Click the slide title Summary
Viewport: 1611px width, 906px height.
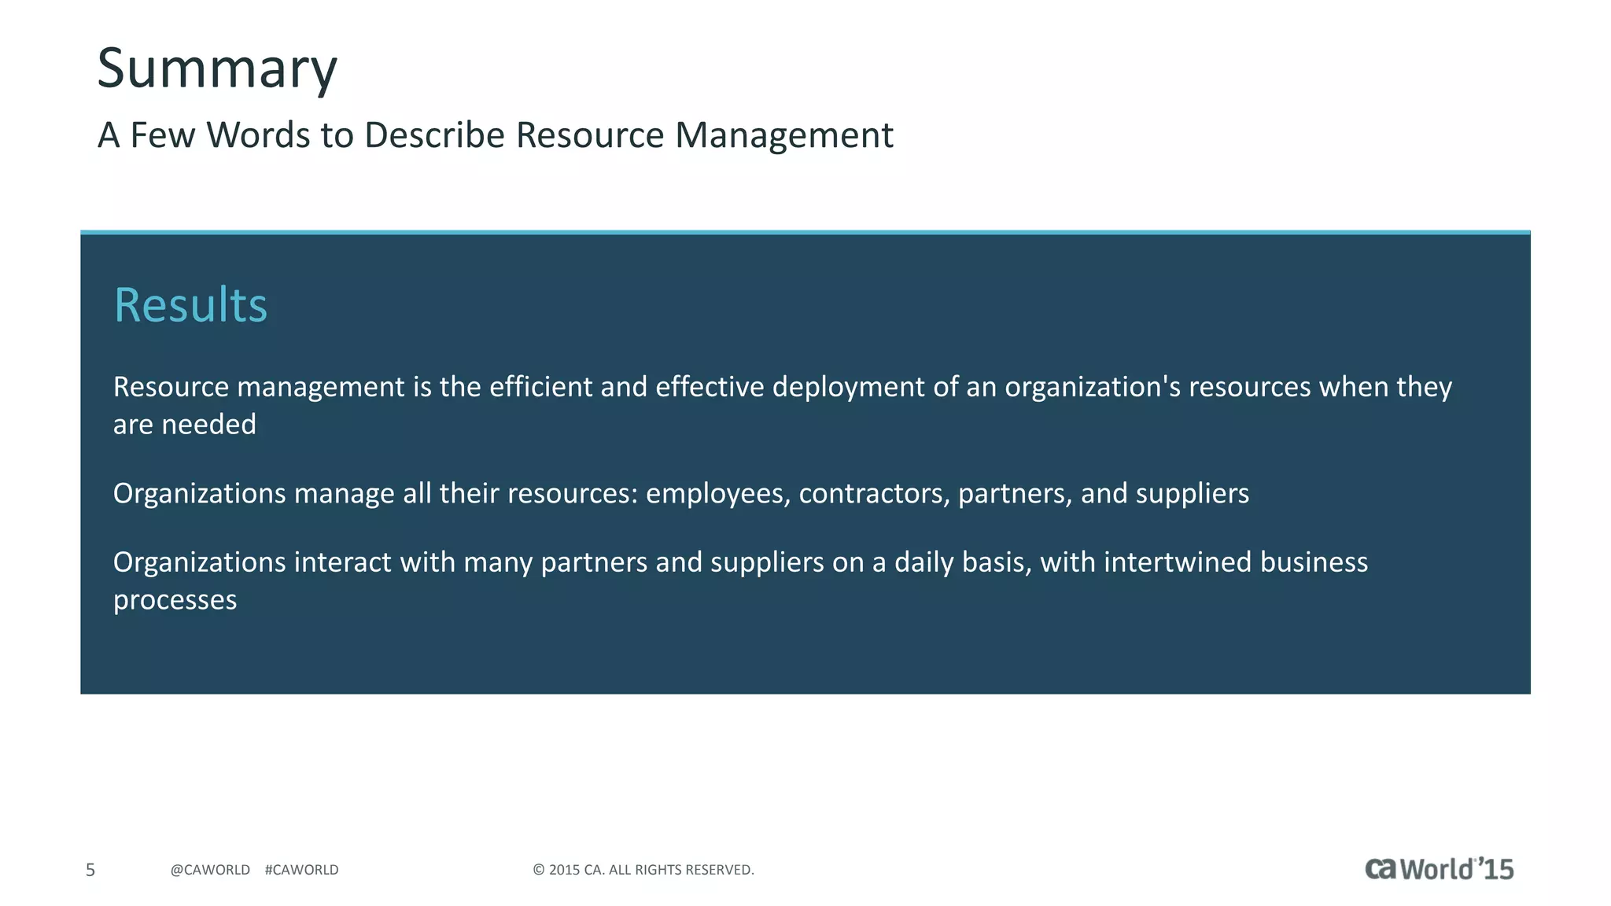pyautogui.click(x=217, y=69)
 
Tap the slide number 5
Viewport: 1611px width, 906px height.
pyautogui.click(x=90, y=870)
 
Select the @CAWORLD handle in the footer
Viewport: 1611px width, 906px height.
pyautogui.click(x=210, y=870)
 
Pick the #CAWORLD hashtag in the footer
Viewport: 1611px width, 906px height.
pyautogui.click(x=302, y=870)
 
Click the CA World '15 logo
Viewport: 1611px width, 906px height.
pyautogui.click(x=1439, y=869)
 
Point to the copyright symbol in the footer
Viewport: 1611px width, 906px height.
pyautogui.click(x=539, y=870)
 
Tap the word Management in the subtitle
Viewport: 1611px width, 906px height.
pyautogui.click(x=783, y=135)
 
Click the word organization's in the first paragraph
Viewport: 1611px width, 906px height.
pyautogui.click(x=1093, y=387)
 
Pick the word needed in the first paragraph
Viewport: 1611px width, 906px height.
pyautogui.click(x=208, y=425)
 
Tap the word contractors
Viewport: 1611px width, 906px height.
pyautogui.click(x=874, y=494)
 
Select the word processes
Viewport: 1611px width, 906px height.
pyautogui.click(x=175, y=600)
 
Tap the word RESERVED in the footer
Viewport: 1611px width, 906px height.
pyautogui.click(x=719, y=870)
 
